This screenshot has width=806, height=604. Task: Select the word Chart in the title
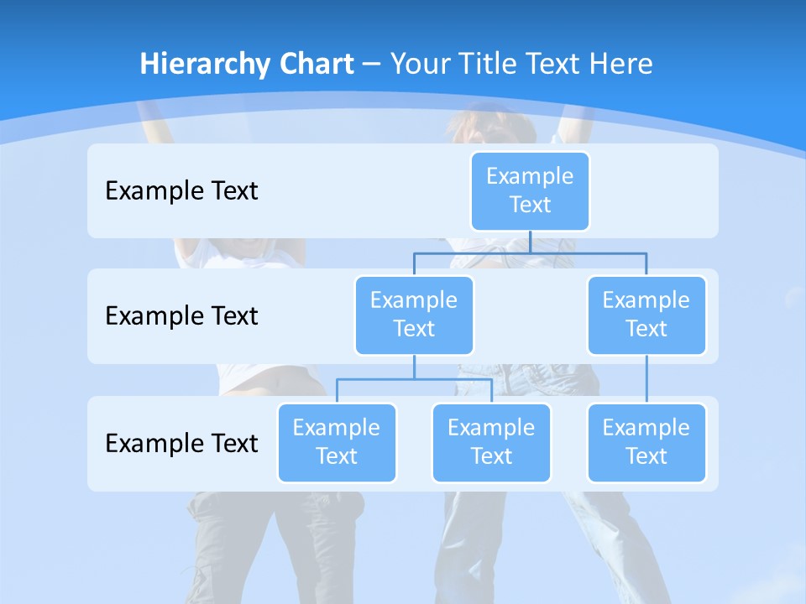coord(313,65)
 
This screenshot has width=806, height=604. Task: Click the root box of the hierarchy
coord(530,190)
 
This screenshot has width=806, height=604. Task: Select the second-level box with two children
coord(414,315)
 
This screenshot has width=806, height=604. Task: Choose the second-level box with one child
coord(646,315)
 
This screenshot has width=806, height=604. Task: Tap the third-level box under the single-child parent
coord(646,442)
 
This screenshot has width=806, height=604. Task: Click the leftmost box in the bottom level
coord(337,442)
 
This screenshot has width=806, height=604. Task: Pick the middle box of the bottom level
coord(491,442)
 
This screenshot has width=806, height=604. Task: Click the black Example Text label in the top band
coord(181,191)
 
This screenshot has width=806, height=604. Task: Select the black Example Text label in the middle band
coord(181,316)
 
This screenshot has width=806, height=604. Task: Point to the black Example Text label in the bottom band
coord(181,443)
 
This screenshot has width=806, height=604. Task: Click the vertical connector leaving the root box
coord(530,242)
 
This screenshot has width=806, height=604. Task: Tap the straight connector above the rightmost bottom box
coord(646,379)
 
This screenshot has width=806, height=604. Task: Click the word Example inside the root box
coord(530,176)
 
